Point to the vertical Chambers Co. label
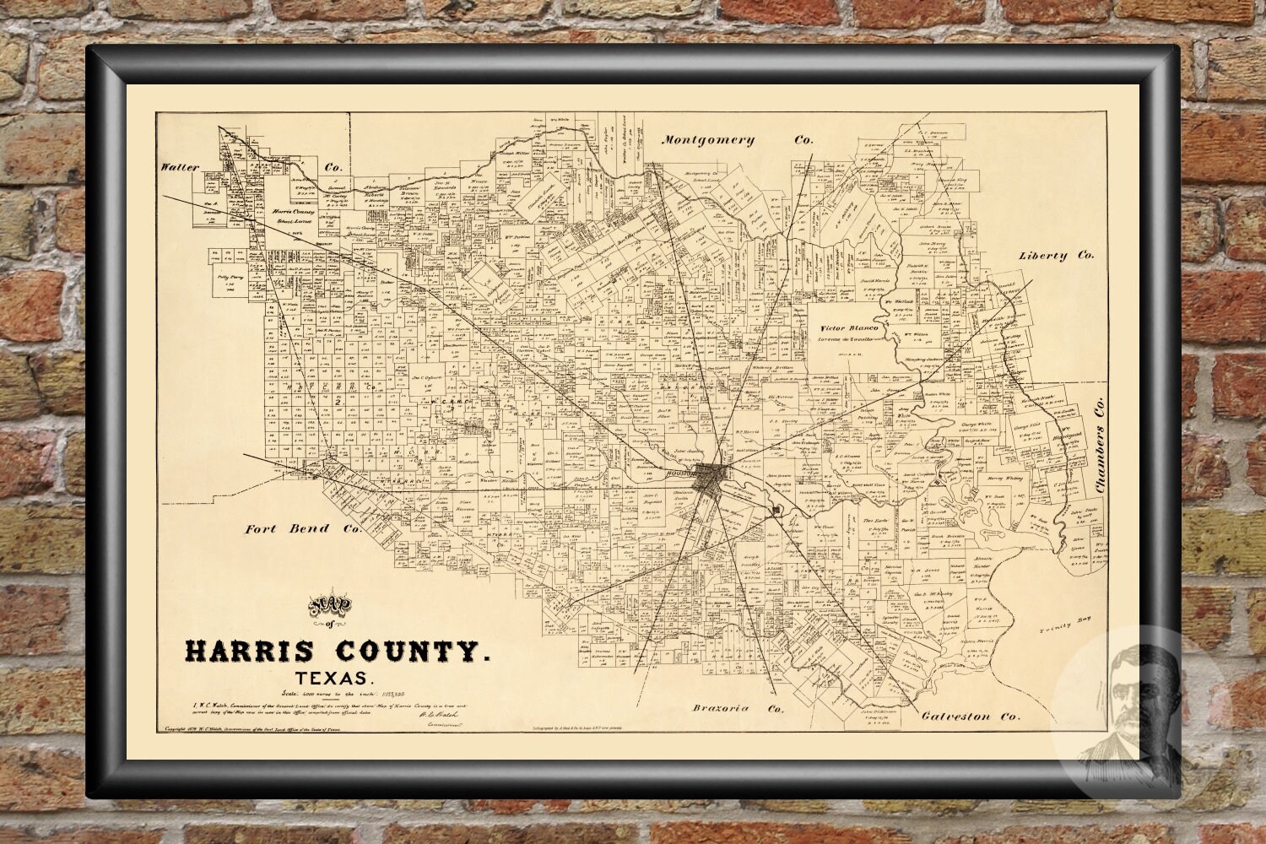(x=1098, y=446)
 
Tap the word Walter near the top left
(x=181, y=167)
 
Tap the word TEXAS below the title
(x=334, y=679)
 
